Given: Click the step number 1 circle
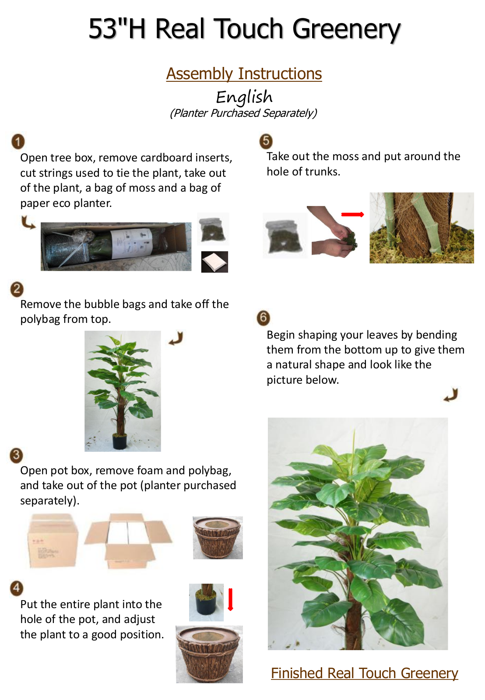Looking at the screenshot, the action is pos(18,142).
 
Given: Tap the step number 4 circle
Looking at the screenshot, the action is pos(17,588).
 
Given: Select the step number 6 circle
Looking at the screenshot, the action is pos(264,318).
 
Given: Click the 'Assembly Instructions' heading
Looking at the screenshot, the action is pos(244,74).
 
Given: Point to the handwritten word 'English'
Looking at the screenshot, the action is pos(244,97).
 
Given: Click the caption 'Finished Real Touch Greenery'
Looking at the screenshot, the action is pos(364,673).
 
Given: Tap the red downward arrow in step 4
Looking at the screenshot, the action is pos(230,599).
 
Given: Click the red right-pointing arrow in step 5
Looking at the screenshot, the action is pos(352,214).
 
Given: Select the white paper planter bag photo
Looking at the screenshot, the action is pos(214,262).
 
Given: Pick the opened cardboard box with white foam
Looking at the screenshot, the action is pos(128,541).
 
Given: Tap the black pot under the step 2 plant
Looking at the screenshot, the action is pos(119,441).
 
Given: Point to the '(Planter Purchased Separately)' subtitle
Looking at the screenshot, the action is pos(244,113).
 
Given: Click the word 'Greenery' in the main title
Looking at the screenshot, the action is pos(346,29).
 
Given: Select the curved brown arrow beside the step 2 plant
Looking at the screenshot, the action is pos(176,339).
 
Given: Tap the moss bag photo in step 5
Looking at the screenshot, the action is pos(285,236).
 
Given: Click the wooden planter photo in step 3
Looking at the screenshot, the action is pos(218,538).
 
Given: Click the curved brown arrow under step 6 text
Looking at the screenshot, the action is pos(450,395).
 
